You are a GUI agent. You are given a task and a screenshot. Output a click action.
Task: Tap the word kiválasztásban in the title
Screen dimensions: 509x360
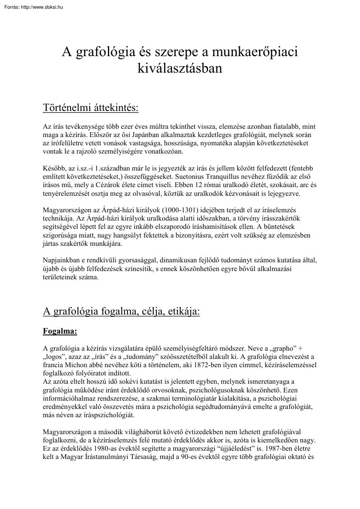click(x=180, y=68)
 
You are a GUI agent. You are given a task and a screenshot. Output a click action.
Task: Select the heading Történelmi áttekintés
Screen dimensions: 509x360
click(x=91, y=107)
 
